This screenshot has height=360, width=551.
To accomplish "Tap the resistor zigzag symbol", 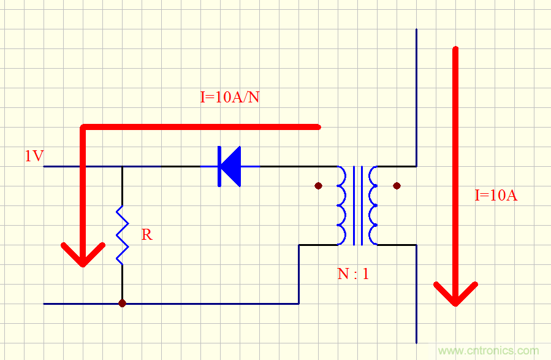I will click(x=122, y=236).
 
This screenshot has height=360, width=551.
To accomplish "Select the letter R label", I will click(x=146, y=234).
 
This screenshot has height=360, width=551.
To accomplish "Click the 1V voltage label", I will click(x=34, y=156).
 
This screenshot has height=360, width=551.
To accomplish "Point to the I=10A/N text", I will click(x=230, y=97).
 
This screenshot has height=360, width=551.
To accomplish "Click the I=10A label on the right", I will click(x=496, y=196).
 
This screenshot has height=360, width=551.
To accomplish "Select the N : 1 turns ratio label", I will click(x=353, y=274).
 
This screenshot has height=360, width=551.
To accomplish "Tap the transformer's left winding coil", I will click(x=341, y=205).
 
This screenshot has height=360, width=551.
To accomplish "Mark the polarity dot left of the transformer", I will click(x=318, y=185).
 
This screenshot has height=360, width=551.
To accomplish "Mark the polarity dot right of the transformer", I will click(x=397, y=185).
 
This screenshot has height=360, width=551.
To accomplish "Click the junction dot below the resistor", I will click(x=122, y=303).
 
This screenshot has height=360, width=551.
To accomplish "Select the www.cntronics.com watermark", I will click(x=488, y=351).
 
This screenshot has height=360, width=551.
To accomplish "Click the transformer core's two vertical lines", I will click(x=357, y=205).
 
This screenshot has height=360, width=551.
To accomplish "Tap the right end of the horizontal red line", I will click(x=317, y=127).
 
